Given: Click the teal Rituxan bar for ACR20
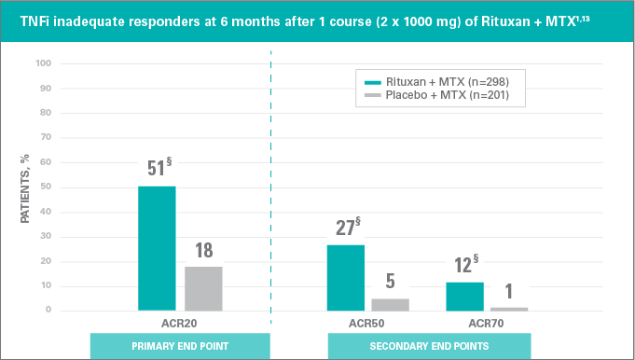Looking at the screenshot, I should [157, 248].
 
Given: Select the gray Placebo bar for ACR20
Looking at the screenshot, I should [203, 288].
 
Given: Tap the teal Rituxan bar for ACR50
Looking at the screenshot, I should [346, 277].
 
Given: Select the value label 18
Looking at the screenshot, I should [203, 250].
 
